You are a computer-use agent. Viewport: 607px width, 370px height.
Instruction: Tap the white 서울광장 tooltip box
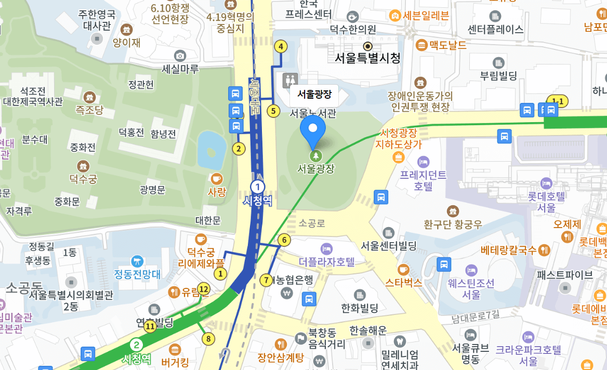tap(314, 95)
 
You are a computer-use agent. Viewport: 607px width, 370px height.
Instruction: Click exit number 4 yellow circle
tap(281, 46)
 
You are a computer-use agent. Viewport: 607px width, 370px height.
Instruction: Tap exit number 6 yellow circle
tap(284, 240)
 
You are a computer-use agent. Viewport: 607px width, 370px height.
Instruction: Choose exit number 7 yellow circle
tap(266, 280)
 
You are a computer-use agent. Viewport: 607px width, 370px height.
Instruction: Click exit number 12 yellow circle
tap(204, 289)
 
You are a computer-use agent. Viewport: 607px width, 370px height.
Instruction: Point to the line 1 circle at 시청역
tap(257, 187)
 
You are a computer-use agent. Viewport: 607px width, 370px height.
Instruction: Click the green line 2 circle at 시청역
tap(136, 345)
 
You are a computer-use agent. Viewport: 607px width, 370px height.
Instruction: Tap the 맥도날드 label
tap(447, 45)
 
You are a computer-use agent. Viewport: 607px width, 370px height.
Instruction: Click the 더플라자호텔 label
tap(327, 261)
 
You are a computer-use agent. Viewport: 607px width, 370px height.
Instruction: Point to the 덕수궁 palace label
tap(83, 179)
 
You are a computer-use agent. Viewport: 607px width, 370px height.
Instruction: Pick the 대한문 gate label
tap(208, 220)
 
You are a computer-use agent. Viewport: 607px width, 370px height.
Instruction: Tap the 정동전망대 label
tap(138, 273)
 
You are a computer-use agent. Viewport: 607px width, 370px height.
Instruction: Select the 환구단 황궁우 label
tap(453, 224)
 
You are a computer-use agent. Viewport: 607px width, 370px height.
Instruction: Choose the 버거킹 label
tap(175, 362)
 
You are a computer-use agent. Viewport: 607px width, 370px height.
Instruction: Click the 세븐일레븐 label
tap(426, 16)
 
